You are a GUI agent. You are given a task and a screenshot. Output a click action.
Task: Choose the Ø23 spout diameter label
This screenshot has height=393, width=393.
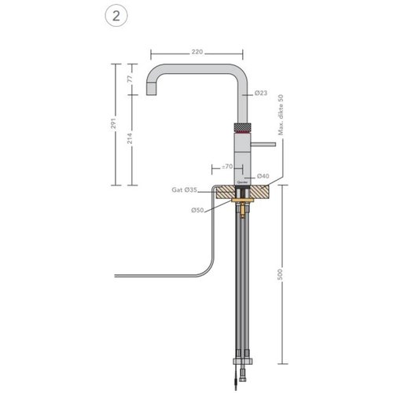(x=261, y=94)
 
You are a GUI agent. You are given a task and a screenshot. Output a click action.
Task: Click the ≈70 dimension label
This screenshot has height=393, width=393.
(x=226, y=167)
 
